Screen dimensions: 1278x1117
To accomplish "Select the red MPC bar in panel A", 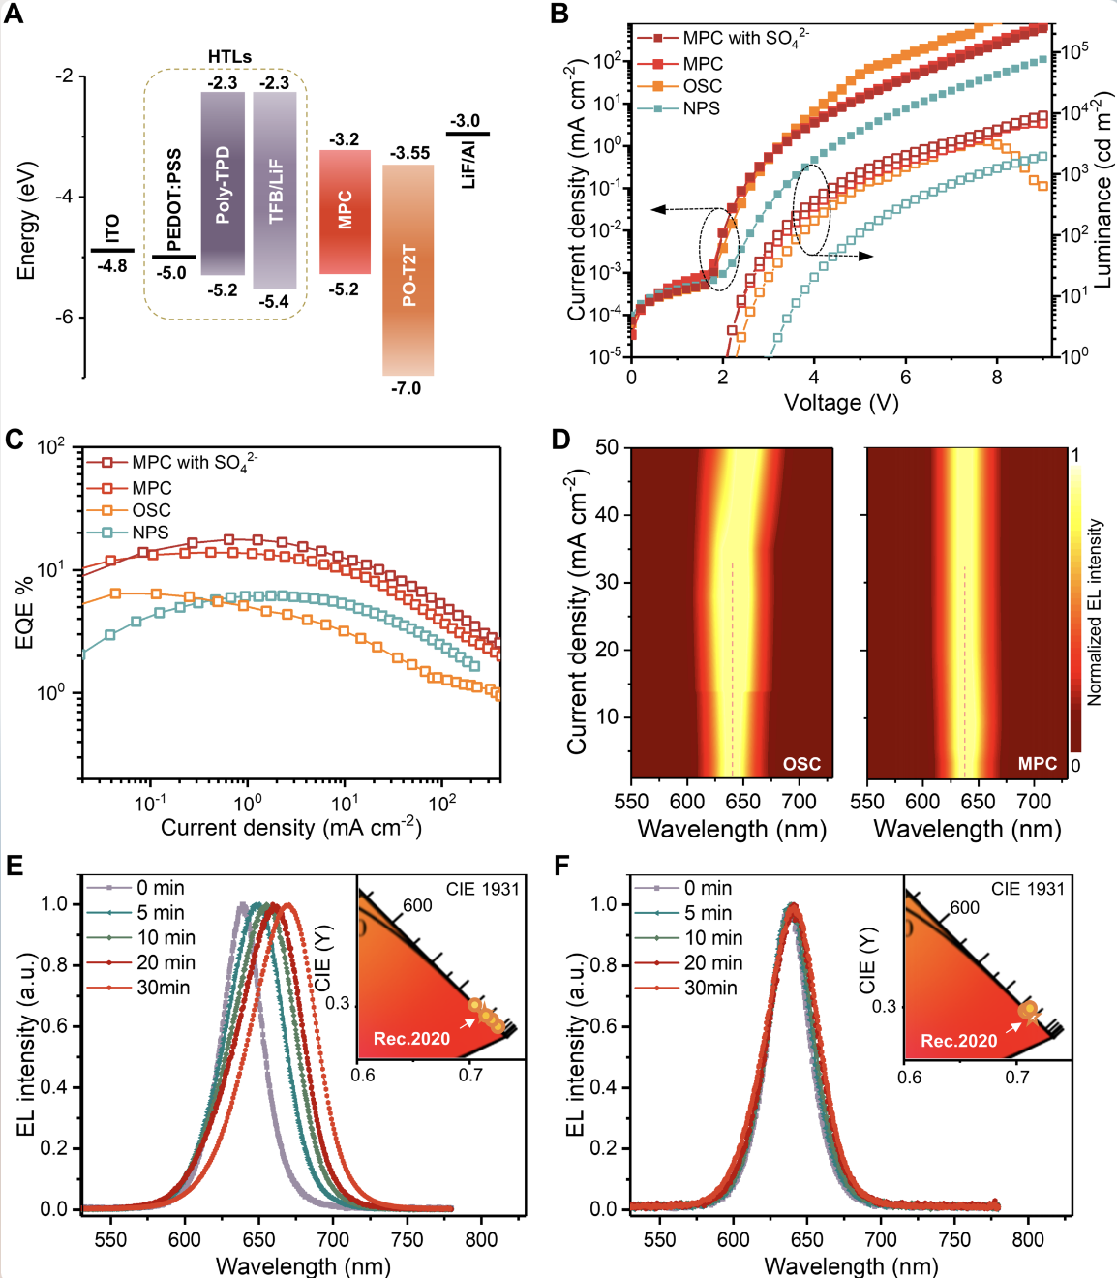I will (x=345, y=211).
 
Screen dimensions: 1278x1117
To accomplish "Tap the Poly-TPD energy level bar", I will (x=223, y=184).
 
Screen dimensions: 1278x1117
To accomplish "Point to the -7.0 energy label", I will (x=406, y=388).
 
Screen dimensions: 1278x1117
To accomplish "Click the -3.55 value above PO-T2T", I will (x=409, y=153).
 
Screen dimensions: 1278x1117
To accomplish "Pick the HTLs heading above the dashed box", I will (x=229, y=57).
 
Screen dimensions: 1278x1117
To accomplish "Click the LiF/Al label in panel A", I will (x=468, y=163).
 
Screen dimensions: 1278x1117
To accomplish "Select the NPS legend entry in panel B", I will (x=701, y=108).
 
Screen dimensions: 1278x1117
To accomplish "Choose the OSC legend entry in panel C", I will (x=151, y=510).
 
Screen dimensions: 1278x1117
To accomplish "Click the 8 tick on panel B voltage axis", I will (x=997, y=378).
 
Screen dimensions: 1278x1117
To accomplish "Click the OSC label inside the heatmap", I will (x=801, y=764).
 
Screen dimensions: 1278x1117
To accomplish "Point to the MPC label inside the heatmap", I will (x=1037, y=764).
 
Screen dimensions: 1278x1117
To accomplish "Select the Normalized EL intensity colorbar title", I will (x=1095, y=612).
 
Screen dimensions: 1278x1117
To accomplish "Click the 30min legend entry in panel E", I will (x=163, y=988).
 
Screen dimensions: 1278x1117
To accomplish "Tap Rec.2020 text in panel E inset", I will (x=411, y=1039).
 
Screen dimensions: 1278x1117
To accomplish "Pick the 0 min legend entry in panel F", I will (x=708, y=888).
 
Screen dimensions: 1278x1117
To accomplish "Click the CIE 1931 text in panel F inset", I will (x=1027, y=889).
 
